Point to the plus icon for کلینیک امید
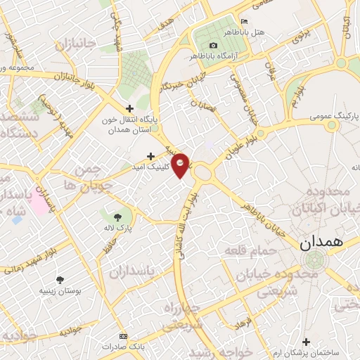click(x=150, y=156)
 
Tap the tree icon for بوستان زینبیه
click(x=60, y=279)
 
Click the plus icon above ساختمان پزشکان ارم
click(x=304, y=342)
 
